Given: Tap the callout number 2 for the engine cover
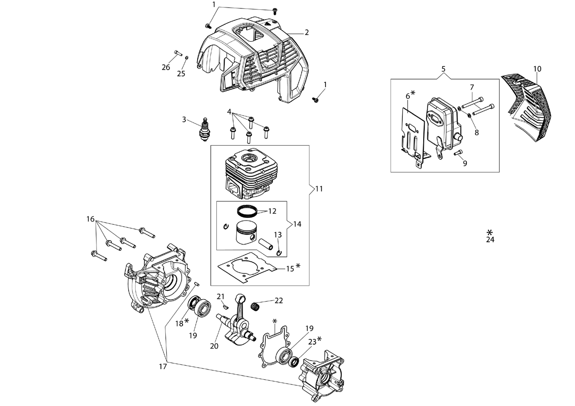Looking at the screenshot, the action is tap(307, 33).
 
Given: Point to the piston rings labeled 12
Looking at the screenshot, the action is tap(247, 211).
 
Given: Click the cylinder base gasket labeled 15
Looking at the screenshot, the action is tap(247, 267).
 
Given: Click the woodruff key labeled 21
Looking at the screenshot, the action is tap(225, 306).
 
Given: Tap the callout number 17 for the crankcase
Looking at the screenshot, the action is tap(163, 366).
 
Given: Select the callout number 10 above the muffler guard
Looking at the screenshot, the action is tap(537, 69).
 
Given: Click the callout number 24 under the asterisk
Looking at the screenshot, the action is tap(490, 240).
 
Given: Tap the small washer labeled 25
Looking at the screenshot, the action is tap(187, 57).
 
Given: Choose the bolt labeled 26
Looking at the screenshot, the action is tap(178, 52).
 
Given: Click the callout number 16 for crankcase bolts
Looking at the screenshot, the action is tap(90, 219).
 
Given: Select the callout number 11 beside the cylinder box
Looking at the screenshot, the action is tap(319, 189).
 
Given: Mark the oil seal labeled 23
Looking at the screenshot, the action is tap(294, 362).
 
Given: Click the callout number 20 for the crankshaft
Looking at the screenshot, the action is tap(214, 346).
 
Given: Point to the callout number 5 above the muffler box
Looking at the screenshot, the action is tap(443, 69).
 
